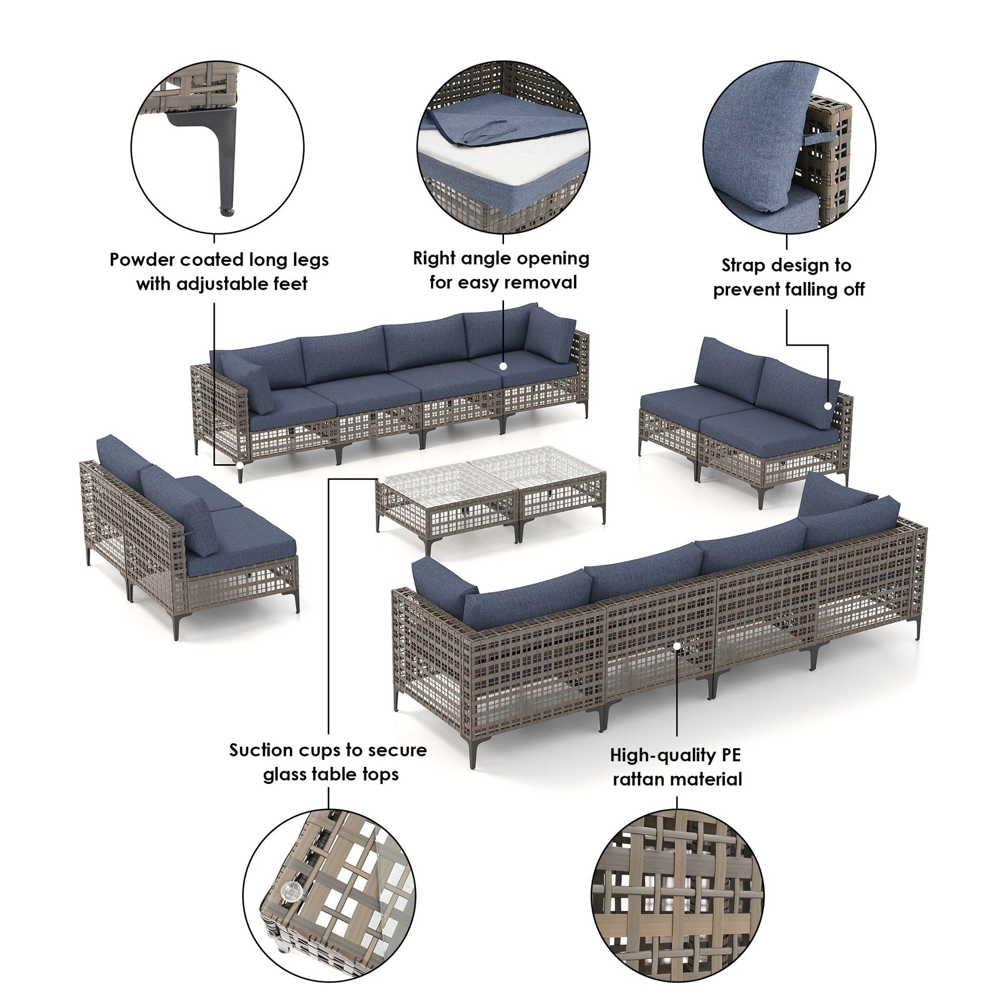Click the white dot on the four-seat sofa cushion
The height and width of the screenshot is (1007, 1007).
(x=503, y=366)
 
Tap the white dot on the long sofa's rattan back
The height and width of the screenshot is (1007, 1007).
(x=676, y=646)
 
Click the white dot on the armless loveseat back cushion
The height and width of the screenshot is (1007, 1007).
(x=827, y=406)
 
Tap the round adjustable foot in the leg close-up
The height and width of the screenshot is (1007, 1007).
(x=227, y=211)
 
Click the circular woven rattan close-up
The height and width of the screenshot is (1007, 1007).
(x=677, y=895)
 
